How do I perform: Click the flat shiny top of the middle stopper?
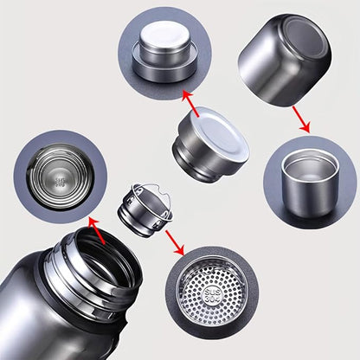pyautogui.click(x=216, y=130)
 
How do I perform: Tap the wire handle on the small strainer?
pyautogui.click(x=143, y=192)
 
